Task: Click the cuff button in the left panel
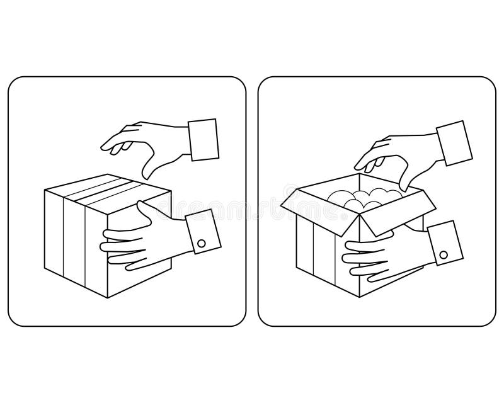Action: click(202, 242)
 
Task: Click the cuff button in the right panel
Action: click(444, 255)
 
